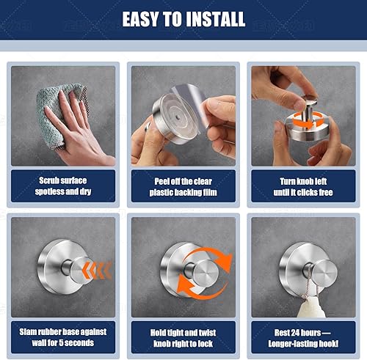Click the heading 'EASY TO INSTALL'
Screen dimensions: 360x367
pos(183,18)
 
